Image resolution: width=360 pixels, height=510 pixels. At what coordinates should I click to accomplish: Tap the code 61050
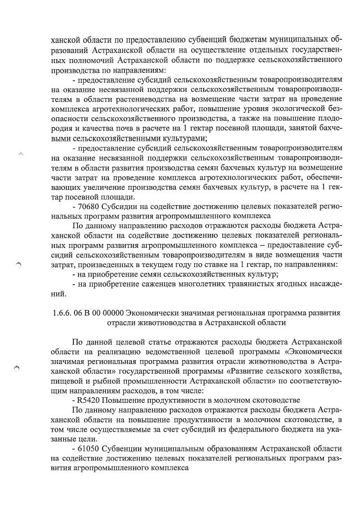point(90,447)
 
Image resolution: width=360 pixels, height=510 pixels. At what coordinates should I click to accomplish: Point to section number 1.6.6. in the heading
point(62,312)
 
